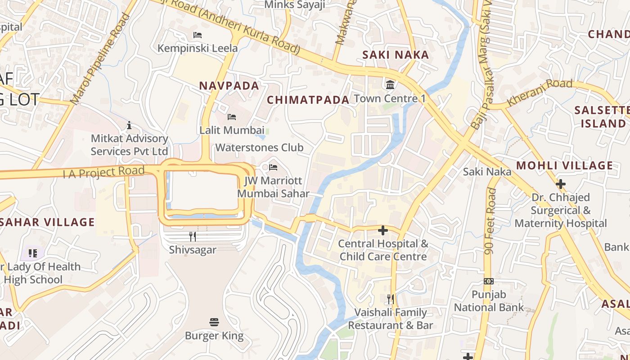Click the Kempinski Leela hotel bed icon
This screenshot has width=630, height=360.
tap(197, 35)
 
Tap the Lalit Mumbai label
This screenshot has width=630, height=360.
tap(232, 130)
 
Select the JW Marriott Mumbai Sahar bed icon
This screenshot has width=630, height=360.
tap(273, 167)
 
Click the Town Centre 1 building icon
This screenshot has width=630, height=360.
tap(390, 85)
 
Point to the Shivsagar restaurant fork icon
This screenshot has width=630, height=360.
tap(193, 236)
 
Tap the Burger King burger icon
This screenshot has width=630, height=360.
tap(214, 322)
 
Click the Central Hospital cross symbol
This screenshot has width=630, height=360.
tap(383, 230)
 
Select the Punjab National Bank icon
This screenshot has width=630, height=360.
tap(488, 281)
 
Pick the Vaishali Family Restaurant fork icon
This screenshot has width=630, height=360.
tap(391, 299)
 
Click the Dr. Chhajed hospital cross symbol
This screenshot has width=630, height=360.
tap(561, 184)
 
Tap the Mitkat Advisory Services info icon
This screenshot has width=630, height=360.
tap(130, 125)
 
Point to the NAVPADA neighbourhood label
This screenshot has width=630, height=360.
tap(229, 85)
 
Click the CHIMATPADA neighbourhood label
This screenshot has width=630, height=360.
tap(308, 100)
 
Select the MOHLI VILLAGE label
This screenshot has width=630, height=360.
tap(564, 166)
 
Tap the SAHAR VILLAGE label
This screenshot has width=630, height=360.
tap(48, 222)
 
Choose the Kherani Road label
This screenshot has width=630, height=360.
tap(540, 93)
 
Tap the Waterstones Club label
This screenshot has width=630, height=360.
tap(259, 148)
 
